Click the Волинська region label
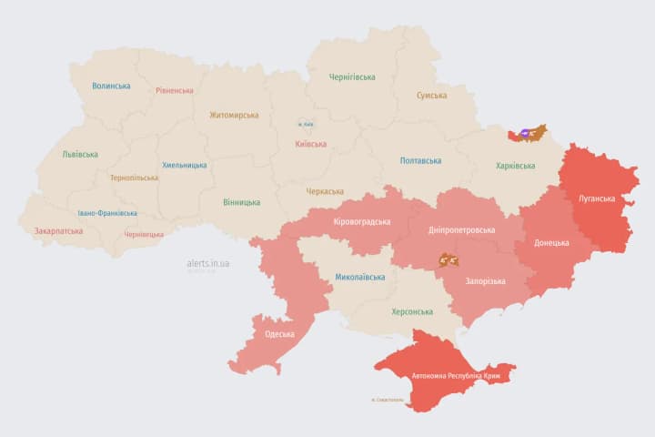coord(111,86)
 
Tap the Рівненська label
coord(174,91)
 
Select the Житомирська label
coord(234,116)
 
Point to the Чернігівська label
coord(352,77)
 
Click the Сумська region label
coord(431,96)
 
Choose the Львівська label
coord(80,155)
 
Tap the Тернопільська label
coord(134,178)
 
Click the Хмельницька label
coord(184,166)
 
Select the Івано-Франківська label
coord(107,213)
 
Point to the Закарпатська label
coord(58,231)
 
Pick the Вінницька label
coord(241,202)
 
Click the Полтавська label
coord(421,161)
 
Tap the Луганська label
coord(598,198)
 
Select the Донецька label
coord(551,243)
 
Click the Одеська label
coord(279,334)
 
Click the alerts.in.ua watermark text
coord(208,263)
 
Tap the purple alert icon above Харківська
coord(526,134)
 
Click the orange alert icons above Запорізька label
coord(448,259)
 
